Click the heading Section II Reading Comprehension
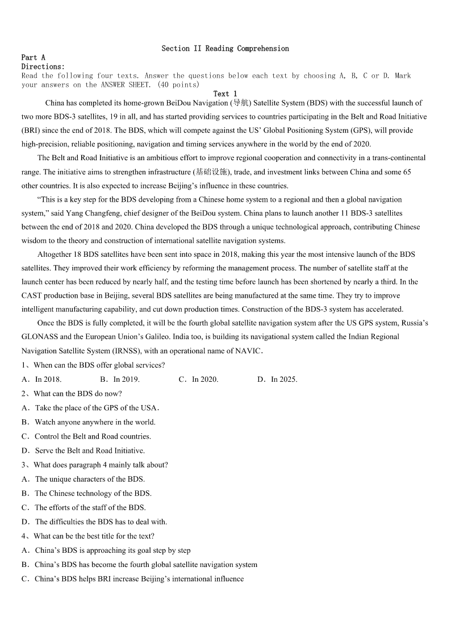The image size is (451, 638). coord(225,49)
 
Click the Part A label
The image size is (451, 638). coord(33,57)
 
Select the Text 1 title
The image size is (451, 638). coord(225,94)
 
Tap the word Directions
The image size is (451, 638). coord(43,66)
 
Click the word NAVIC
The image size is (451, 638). coord(248,351)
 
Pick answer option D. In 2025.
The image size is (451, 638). coord(277,380)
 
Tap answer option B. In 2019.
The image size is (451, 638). coord(120,380)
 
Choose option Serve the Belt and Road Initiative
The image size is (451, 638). coord(89,451)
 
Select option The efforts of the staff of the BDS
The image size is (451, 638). coord(90,507)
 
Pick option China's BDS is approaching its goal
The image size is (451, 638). coord(112,550)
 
